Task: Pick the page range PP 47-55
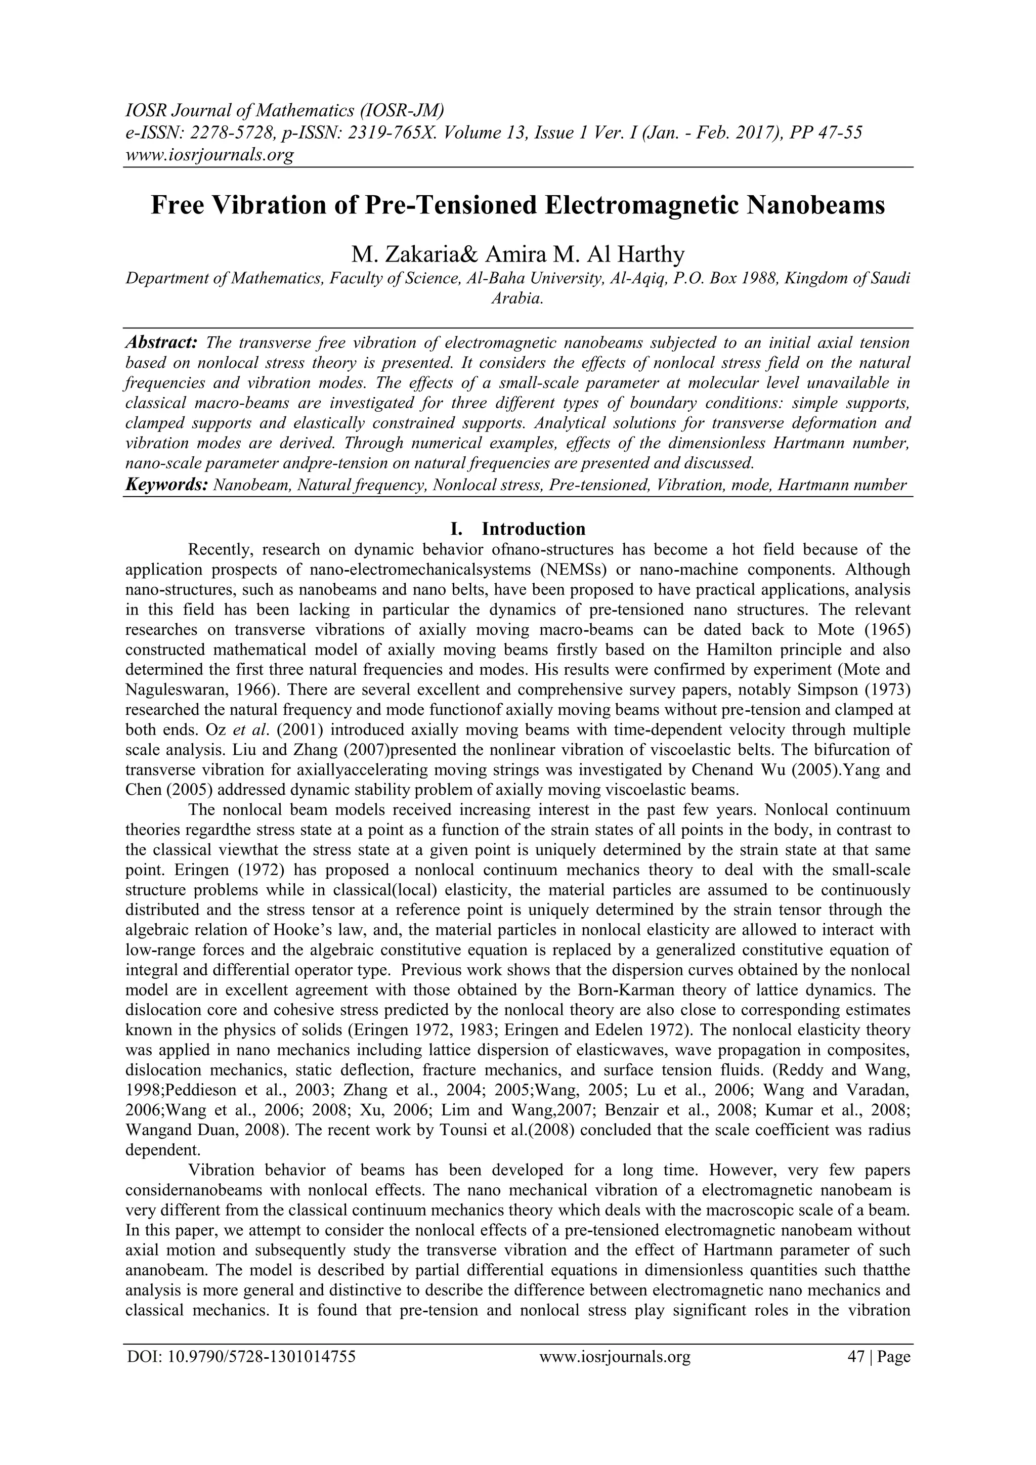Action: tap(824, 133)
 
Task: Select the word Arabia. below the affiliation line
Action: tap(517, 298)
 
